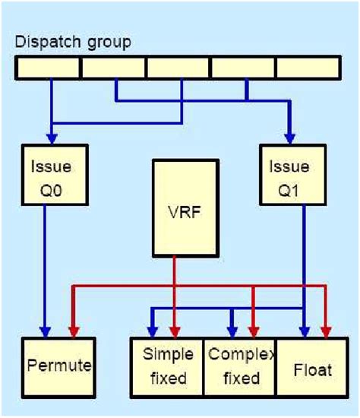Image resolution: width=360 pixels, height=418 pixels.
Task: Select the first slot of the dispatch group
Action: pyautogui.click(x=47, y=68)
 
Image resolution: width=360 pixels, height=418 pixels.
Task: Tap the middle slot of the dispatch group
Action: pyautogui.click(x=178, y=68)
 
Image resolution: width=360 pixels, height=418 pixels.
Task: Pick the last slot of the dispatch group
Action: pyautogui.click(x=308, y=68)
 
